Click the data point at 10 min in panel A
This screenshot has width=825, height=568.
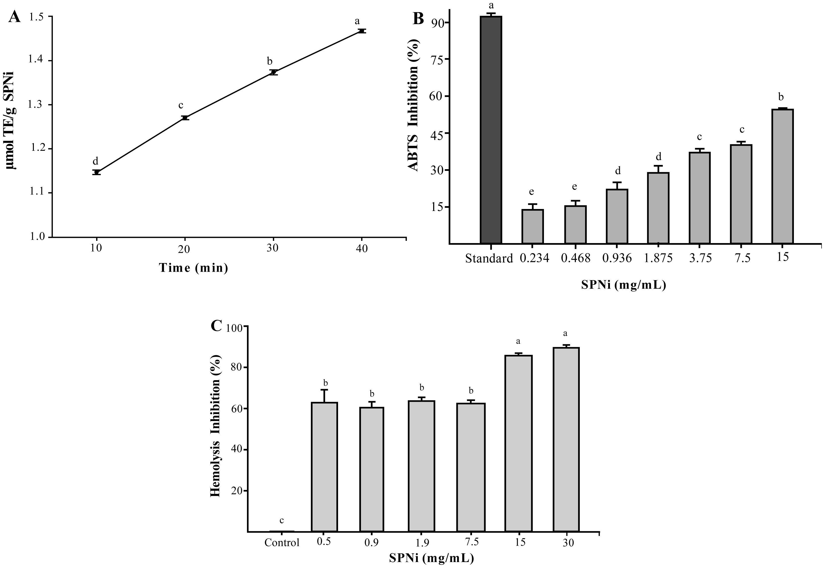pyautogui.click(x=96, y=172)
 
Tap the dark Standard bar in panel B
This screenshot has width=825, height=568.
pyautogui.click(x=491, y=130)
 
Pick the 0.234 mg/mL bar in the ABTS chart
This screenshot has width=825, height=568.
pyautogui.click(x=533, y=226)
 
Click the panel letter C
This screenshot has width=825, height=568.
pyautogui.click(x=217, y=326)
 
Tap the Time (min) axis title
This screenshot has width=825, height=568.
pyautogui.click(x=193, y=268)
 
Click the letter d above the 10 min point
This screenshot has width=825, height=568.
pyautogui.click(x=95, y=161)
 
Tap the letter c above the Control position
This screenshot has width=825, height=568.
pyautogui.click(x=282, y=520)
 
